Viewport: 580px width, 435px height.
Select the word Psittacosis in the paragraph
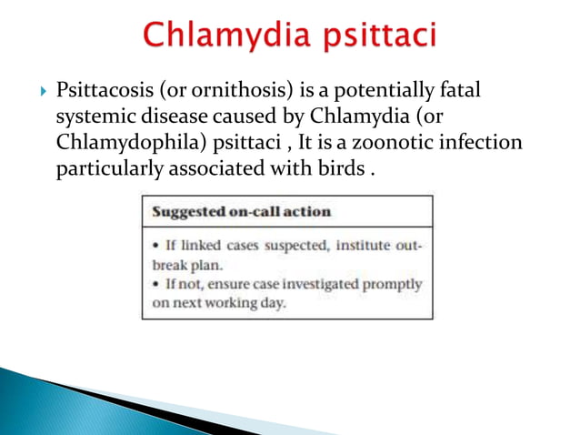click(x=102, y=92)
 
